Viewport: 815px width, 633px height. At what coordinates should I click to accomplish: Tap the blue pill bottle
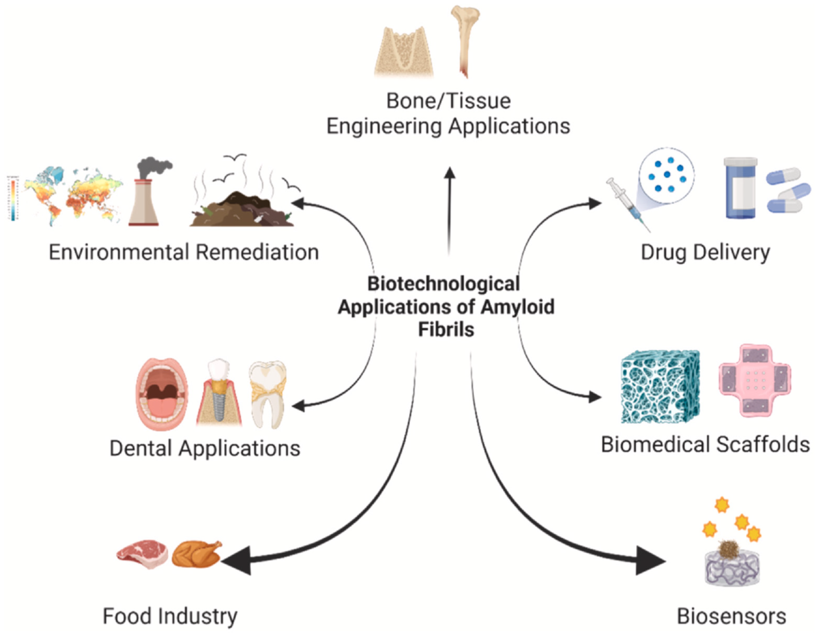coord(740,188)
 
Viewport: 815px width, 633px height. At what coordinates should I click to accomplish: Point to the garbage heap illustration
coord(243,211)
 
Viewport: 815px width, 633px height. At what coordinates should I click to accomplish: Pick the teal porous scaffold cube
coord(660,386)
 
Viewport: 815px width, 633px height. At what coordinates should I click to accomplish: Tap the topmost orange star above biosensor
coord(722,505)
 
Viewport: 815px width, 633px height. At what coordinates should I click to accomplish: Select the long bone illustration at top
coord(465,37)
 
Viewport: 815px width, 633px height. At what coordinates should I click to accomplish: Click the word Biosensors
coord(731,616)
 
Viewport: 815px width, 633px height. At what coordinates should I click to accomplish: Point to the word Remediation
coord(257,252)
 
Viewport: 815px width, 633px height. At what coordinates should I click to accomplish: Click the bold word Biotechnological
coord(443,284)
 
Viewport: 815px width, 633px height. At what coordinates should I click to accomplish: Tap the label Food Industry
coord(170,616)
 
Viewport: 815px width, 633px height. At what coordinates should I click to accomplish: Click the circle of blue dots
coord(667,175)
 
